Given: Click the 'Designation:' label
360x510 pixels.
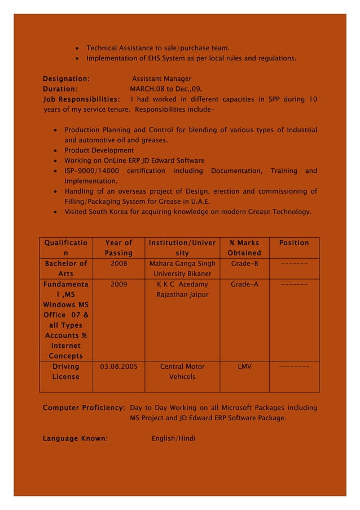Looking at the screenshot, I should tap(66, 79).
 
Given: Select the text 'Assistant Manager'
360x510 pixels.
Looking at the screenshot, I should tap(161, 79).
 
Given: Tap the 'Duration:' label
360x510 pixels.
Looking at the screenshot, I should tap(60, 89).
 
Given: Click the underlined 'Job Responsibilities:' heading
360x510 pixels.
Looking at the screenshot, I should tap(81, 99).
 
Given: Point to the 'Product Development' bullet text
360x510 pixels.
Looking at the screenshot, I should tap(99, 150).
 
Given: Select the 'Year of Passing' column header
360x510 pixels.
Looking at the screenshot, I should tap(118, 248).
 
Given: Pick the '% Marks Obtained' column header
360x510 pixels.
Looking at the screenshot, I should tap(244, 248).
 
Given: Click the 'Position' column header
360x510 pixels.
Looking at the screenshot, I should tap(294, 243).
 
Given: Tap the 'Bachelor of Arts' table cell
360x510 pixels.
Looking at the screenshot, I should tap(66, 269).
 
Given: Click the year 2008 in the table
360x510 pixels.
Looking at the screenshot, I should tap(118, 264).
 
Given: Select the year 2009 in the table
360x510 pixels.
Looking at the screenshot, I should tap(118, 284).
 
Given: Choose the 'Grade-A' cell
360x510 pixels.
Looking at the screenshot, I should tap(244, 284).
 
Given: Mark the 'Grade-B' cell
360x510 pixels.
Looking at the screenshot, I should tap(244, 264).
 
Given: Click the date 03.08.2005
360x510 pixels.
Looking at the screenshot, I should tap(118, 367).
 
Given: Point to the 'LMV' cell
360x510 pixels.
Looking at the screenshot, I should tap(244, 367).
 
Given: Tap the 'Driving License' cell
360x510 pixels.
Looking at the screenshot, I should tap(66, 372).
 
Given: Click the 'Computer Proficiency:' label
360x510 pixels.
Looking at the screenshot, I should tap(84, 408).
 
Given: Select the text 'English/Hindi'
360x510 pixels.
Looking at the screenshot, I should tap(174, 438).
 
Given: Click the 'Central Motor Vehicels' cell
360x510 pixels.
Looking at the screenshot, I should tap(182, 372).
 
